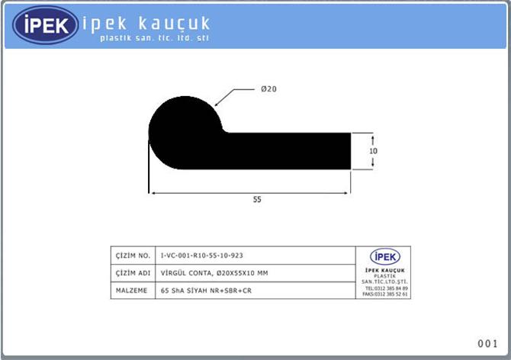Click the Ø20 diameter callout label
point(268,89)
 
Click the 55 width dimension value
point(257,200)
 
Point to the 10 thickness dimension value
point(373,151)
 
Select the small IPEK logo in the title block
point(384,256)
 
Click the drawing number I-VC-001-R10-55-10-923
point(202,256)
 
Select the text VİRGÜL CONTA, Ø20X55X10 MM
point(214,273)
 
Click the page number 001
point(488,344)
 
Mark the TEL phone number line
point(386,288)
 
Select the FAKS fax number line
point(385,294)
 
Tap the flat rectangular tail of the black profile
point(290,151)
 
